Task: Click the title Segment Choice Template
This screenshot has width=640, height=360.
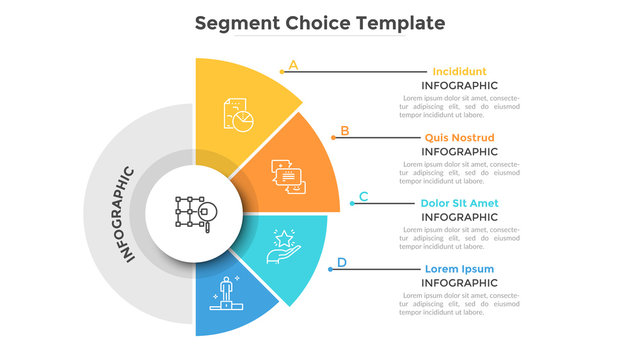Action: (319, 21)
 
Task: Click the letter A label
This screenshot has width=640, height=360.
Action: (293, 66)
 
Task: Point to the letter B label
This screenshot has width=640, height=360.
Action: (345, 130)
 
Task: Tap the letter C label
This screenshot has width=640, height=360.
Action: (363, 196)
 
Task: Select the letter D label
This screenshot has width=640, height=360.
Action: (342, 263)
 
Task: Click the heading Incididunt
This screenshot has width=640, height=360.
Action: (459, 71)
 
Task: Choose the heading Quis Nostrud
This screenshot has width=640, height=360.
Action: (459, 137)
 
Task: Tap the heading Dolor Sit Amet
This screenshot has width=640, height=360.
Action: (459, 203)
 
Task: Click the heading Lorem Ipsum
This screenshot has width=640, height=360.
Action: (459, 269)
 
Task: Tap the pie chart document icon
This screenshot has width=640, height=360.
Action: (238, 112)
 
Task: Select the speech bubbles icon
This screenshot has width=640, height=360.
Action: (289, 177)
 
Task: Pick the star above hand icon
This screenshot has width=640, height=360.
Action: (283, 244)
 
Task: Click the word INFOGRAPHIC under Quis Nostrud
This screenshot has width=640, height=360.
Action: (459, 151)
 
